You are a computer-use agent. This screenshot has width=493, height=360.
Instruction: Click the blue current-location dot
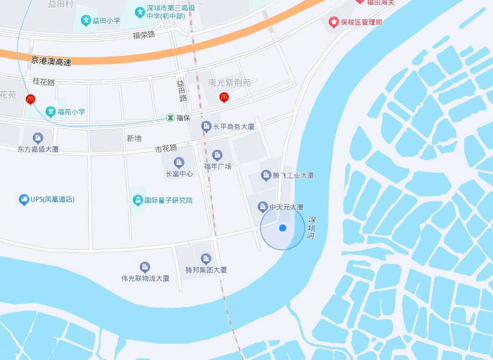pyautogui.click(x=283, y=228)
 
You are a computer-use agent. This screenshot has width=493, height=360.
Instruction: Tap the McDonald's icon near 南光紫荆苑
pyautogui.click(x=224, y=97)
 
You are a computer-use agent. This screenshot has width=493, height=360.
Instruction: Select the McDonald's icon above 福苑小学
pyautogui.click(x=31, y=99)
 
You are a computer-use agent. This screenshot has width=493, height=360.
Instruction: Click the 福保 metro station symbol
pyautogui.click(x=171, y=118)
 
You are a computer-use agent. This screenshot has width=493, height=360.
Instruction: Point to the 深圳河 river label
pyautogui.click(x=312, y=227)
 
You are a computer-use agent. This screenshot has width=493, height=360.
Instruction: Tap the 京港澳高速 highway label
pyautogui.click(x=51, y=61)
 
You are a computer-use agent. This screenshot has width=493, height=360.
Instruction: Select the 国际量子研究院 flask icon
pyautogui.click(x=137, y=200)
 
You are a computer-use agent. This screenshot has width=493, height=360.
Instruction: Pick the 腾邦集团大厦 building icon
pyautogui.click(x=206, y=259)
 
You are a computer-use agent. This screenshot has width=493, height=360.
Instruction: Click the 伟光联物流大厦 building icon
pyautogui.click(x=145, y=267)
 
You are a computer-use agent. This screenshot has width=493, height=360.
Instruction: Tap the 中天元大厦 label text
pyautogui.click(x=287, y=207)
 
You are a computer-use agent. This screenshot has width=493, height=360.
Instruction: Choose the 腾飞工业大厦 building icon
pyautogui.click(x=266, y=175)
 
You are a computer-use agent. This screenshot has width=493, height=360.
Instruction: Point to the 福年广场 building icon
pyautogui.click(x=217, y=155)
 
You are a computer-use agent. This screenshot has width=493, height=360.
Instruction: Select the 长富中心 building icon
pyautogui.click(x=179, y=163)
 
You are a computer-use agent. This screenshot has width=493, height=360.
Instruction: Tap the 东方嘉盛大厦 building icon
pyautogui.click(x=38, y=138)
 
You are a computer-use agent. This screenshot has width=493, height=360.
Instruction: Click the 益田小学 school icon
pyautogui.click(x=86, y=20)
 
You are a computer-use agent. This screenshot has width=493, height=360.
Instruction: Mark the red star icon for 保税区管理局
pyautogui.click(x=333, y=22)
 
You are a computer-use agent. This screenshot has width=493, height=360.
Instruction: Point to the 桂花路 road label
pyautogui.click(x=43, y=82)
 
